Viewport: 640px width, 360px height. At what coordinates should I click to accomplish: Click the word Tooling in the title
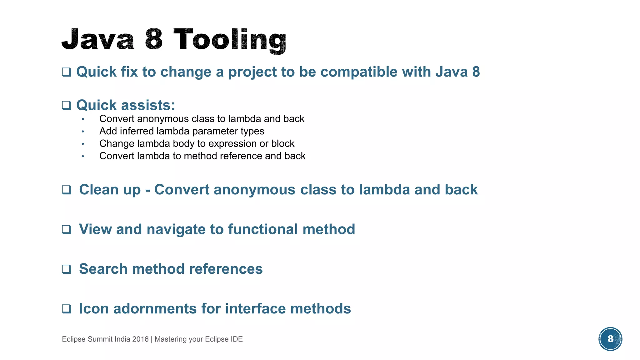tap(230, 40)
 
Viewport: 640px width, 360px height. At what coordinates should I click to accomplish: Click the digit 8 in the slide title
tap(154, 39)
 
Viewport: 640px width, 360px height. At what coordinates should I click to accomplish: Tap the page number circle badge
tap(610, 339)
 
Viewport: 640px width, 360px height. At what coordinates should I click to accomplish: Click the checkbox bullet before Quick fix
tap(66, 72)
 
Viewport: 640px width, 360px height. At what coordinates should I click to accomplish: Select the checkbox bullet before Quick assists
tap(66, 105)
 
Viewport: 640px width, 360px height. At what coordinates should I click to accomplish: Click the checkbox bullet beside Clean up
tap(66, 190)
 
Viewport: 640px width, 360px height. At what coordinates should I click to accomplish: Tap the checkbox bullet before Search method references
tap(66, 269)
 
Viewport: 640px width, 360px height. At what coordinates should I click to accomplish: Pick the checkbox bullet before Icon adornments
tap(66, 309)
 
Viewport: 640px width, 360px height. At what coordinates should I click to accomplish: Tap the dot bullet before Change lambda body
tap(83, 144)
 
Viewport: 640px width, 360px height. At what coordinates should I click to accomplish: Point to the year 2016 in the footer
tap(140, 339)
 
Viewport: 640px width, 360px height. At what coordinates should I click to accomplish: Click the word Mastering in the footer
tap(170, 339)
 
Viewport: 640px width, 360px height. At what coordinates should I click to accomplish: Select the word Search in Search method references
tap(103, 269)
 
